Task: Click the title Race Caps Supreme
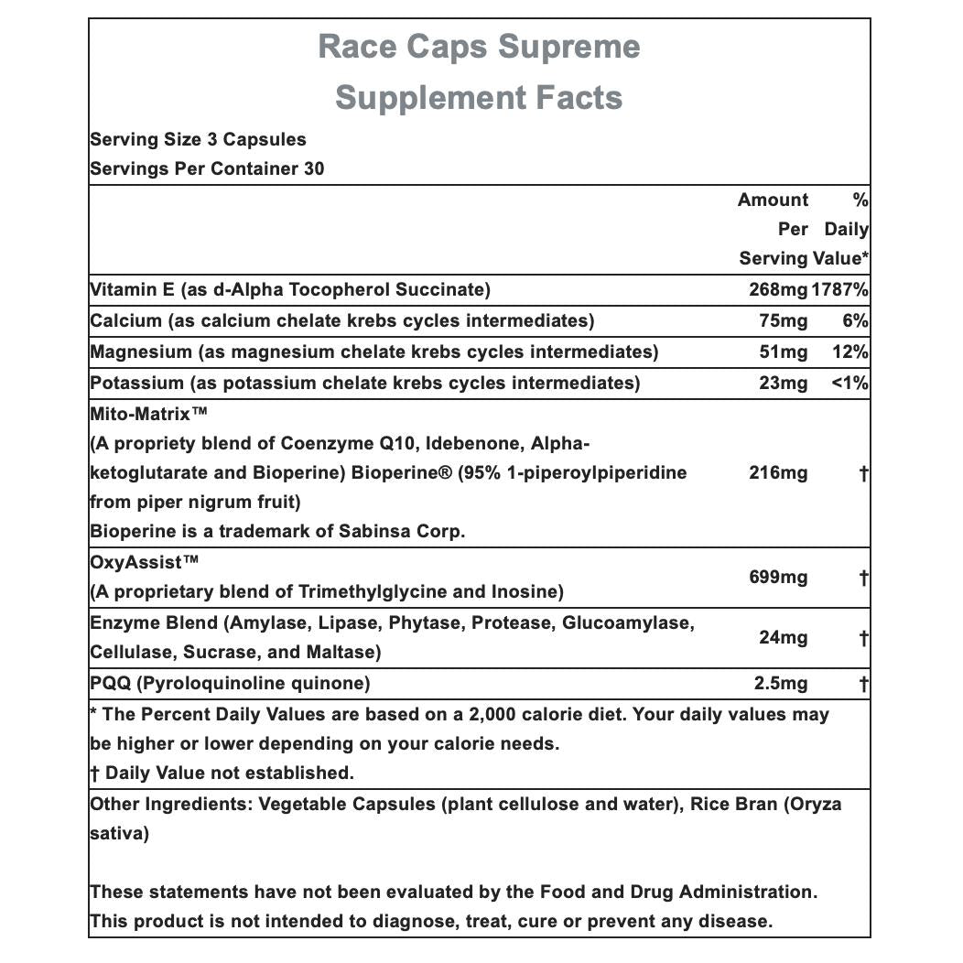tap(479, 47)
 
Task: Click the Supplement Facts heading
tap(479, 97)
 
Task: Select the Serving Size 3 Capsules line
tap(198, 140)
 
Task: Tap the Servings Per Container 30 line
tap(207, 169)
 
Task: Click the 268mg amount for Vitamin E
tap(778, 290)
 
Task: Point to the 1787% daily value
tap(839, 290)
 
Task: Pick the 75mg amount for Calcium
tap(784, 321)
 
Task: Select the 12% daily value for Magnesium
tap(850, 352)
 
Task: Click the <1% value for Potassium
tap(849, 384)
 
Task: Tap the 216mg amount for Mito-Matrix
tap(778, 473)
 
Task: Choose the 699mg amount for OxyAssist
tap(778, 577)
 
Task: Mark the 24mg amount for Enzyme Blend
tap(783, 638)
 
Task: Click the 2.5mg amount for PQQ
tap(779, 684)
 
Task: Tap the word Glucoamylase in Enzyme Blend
tap(628, 623)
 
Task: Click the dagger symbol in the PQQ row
tap(863, 684)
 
